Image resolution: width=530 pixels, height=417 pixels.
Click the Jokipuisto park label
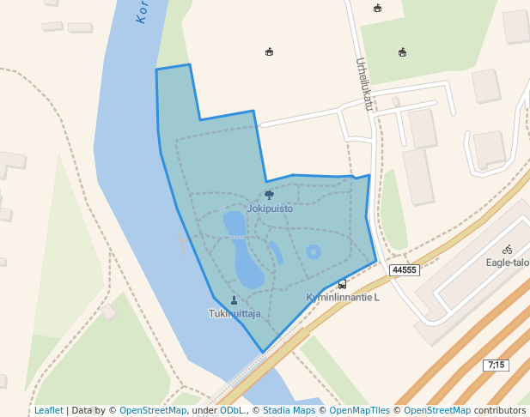(x=270, y=208)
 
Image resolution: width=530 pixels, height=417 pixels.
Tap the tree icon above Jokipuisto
(x=270, y=196)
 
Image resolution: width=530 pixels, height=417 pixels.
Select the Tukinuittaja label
(x=235, y=313)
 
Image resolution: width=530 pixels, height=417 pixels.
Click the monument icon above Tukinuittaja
(x=235, y=300)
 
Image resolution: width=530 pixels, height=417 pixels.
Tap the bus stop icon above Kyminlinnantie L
(x=342, y=284)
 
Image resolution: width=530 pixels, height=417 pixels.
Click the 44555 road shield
(x=403, y=270)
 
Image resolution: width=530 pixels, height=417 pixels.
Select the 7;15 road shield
(x=496, y=365)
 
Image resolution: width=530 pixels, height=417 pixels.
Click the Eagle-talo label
(x=508, y=263)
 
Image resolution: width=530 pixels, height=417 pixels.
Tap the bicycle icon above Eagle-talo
(x=508, y=250)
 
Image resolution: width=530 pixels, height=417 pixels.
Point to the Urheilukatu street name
(x=365, y=84)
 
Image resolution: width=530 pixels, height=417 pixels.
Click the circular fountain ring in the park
(x=314, y=251)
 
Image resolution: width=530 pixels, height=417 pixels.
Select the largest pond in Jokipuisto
(x=247, y=262)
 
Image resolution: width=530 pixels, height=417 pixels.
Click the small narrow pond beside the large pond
(x=276, y=252)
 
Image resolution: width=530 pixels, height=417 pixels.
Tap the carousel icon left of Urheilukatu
(x=270, y=52)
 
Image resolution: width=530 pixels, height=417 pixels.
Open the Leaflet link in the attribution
(x=49, y=410)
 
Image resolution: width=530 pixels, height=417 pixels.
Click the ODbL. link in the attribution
(x=232, y=410)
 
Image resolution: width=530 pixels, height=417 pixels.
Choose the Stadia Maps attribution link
(x=289, y=410)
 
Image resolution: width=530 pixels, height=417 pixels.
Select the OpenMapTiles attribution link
(x=358, y=410)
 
